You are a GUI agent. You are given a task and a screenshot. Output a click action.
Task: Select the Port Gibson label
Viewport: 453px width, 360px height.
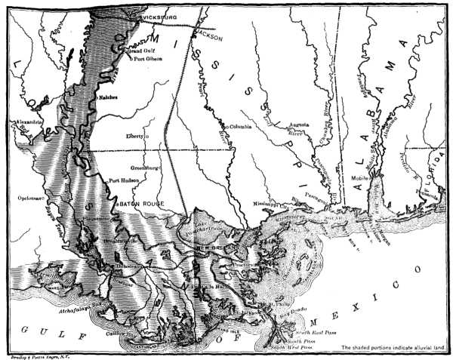(x=149, y=58)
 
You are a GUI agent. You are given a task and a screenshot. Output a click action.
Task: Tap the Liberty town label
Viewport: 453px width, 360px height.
(x=134, y=136)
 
